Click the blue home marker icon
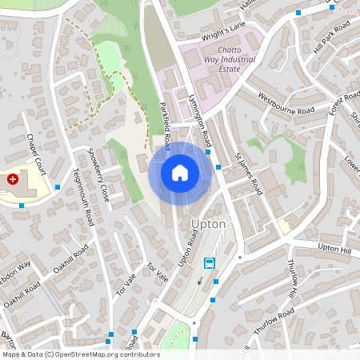179,173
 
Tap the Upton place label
209,224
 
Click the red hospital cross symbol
13,180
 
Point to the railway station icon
210,262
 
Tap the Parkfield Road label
166,127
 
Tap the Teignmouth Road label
83,196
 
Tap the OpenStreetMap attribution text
80,354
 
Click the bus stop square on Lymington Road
207,151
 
